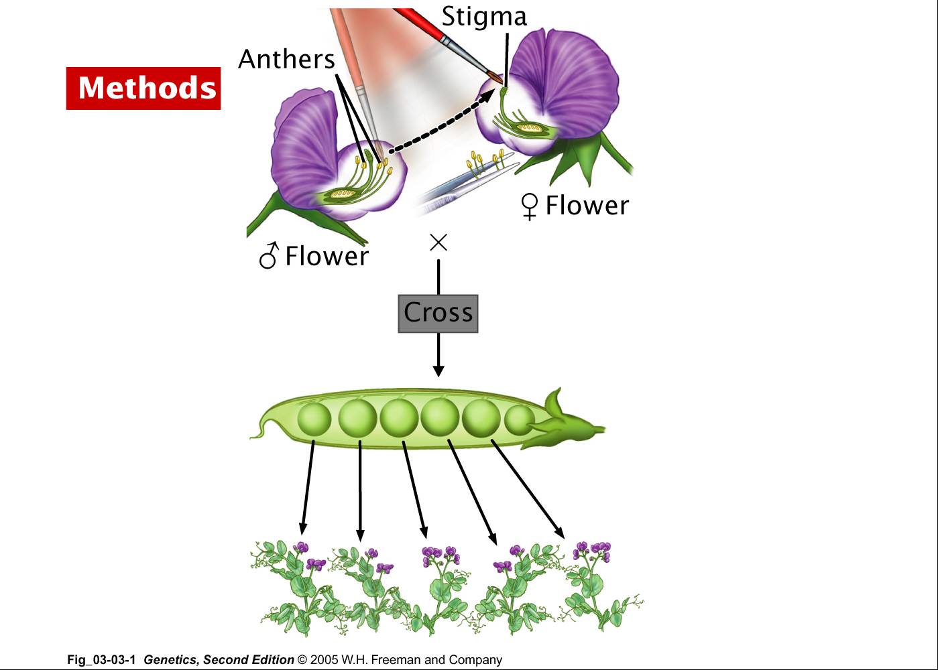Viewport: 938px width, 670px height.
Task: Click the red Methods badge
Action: [143, 88]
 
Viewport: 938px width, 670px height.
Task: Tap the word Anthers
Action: [286, 59]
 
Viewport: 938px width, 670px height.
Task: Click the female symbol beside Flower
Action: [529, 206]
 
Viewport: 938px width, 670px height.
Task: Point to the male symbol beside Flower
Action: [268, 255]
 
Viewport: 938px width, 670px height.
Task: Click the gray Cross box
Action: [438, 314]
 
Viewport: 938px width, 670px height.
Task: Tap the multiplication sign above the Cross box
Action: [438, 243]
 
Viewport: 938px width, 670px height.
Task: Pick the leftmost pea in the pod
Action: [314, 419]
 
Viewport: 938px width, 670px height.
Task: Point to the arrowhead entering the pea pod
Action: [438, 371]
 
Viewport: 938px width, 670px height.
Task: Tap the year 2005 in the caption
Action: [324, 660]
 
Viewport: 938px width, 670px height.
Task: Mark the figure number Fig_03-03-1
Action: [101, 660]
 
